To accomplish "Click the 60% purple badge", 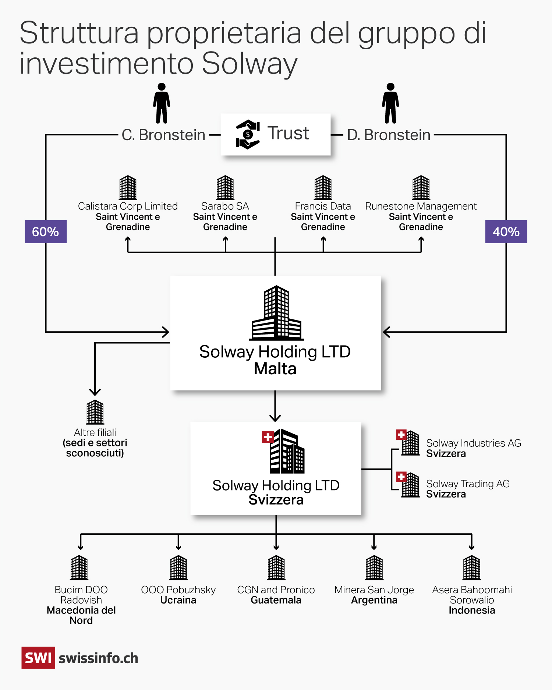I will point(46,231).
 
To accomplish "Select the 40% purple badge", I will point(506,231).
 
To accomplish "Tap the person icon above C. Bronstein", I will point(162,103).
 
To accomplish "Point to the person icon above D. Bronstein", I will point(390,103).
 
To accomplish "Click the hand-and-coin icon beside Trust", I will point(248,134).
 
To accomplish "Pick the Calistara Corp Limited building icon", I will point(128,188).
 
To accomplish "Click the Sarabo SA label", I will point(225,206).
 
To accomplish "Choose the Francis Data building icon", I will point(323,188).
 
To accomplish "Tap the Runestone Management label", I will point(421,206).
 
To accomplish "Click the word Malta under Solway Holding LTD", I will point(275,369).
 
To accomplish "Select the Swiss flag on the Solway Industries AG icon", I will point(401,435).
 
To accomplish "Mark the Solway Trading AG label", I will point(468,484).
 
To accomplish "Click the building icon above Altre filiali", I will point(95,412).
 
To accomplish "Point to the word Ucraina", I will point(178,600).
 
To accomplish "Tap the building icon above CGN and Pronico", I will point(276,567).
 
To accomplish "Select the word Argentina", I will point(374,600).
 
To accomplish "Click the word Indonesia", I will point(472,611).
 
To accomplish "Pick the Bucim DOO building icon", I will point(79,567).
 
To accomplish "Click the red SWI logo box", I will point(38,658).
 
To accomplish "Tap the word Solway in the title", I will point(250,63).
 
